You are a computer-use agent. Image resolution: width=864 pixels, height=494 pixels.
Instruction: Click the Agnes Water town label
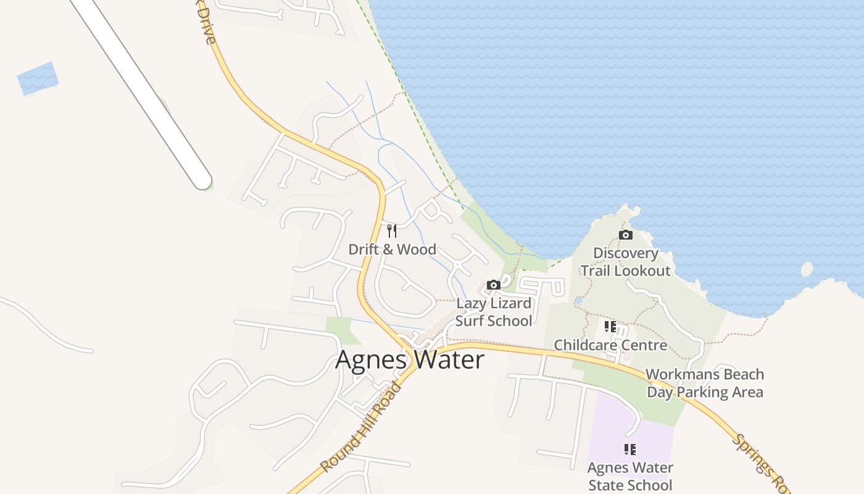tap(410, 360)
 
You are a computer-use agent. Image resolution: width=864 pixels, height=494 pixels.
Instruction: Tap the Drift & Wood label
tap(393, 249)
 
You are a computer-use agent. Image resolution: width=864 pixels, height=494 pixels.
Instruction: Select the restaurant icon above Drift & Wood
tap(392, 231)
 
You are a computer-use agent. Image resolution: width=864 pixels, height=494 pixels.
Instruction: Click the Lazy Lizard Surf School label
tap(494, 312)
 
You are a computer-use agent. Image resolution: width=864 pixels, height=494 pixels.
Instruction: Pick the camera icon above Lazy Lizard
tap(494, 285)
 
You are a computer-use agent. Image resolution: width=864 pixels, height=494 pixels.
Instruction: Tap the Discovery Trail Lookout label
tap(625, 262)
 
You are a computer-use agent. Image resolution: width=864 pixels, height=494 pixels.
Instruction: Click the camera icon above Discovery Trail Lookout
tap(626, 235)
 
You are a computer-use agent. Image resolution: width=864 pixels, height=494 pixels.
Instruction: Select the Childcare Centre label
tap(610, 345)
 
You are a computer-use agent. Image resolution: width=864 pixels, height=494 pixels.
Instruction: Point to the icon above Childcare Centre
tap(610, 326)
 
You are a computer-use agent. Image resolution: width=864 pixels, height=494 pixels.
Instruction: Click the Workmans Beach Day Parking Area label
tap(705, 383)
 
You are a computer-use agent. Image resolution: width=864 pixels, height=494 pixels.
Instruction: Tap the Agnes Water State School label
tap(630, 476)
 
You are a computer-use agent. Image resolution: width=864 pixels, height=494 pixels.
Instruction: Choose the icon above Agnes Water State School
tap(629, 449)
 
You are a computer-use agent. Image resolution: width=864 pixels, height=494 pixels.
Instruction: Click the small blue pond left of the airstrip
tap(38, 78)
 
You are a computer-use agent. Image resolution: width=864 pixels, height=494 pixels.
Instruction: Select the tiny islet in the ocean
tap(807, 269)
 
